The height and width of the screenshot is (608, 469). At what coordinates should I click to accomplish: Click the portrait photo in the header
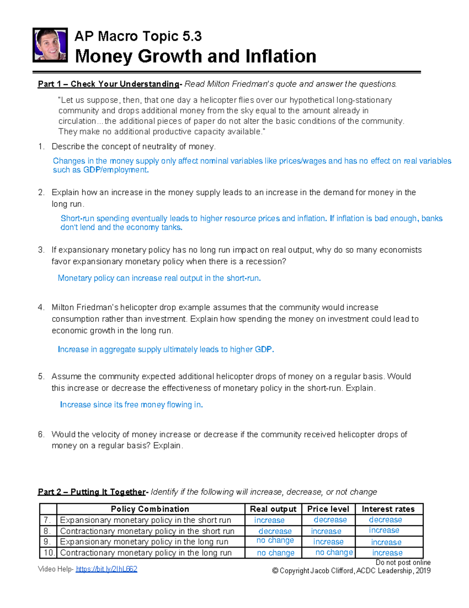(x=50, y=45)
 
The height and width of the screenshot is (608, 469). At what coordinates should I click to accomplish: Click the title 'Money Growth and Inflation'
(x=195, y=56)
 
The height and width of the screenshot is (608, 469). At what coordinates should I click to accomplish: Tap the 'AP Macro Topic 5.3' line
(x=138, y=36)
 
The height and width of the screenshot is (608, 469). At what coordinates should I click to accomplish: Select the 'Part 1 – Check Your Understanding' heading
(x=108, y=84)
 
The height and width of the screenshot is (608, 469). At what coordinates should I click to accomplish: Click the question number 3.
(x=41, y=250)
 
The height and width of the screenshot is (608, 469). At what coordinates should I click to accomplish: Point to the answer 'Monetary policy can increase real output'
(x=159, y=278)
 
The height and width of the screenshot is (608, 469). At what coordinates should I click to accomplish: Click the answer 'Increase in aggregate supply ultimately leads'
(x=166, y=349)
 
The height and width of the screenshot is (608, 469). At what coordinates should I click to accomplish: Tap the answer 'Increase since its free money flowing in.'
(x=131, y=405)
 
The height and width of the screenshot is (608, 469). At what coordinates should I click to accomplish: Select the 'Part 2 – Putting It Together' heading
(x=92, y=492)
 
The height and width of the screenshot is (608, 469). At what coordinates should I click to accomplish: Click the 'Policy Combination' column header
(x=150, y=509)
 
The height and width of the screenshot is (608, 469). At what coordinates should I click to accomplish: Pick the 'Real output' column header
(x=273, y=509)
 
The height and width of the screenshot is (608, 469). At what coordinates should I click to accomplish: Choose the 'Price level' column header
(x=328, y=509)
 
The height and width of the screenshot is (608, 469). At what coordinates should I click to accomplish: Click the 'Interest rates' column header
(x=388, y=509)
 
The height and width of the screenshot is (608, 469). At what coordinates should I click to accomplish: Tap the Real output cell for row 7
(x=269, y=520)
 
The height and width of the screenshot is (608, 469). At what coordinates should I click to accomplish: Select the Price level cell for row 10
(x=334, y=552)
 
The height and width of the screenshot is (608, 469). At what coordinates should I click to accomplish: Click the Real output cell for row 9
(x=275, y=541)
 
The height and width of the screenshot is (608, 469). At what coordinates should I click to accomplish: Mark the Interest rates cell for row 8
(x=384, y=530)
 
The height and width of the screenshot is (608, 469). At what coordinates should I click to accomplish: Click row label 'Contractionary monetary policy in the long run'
(x=146, y=553)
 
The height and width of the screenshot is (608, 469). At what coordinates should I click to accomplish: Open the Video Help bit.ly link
(x=106, y=569)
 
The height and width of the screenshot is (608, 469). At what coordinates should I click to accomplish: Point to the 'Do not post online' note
(x=403, y=562)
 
